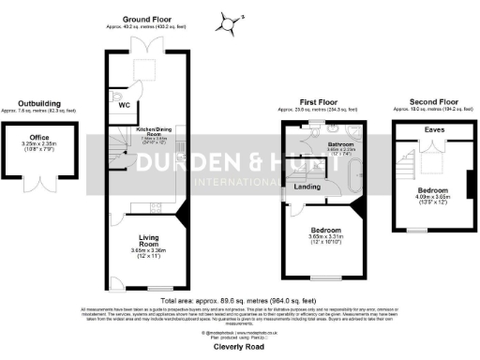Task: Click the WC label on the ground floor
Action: click(124, 106)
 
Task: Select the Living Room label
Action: click(148, 242)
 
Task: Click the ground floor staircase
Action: click(115, 154)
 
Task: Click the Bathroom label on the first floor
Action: click(339, 142)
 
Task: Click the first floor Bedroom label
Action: click(325, 230)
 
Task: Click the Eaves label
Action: click(434, 128)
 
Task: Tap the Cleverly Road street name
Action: click(239, 345)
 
